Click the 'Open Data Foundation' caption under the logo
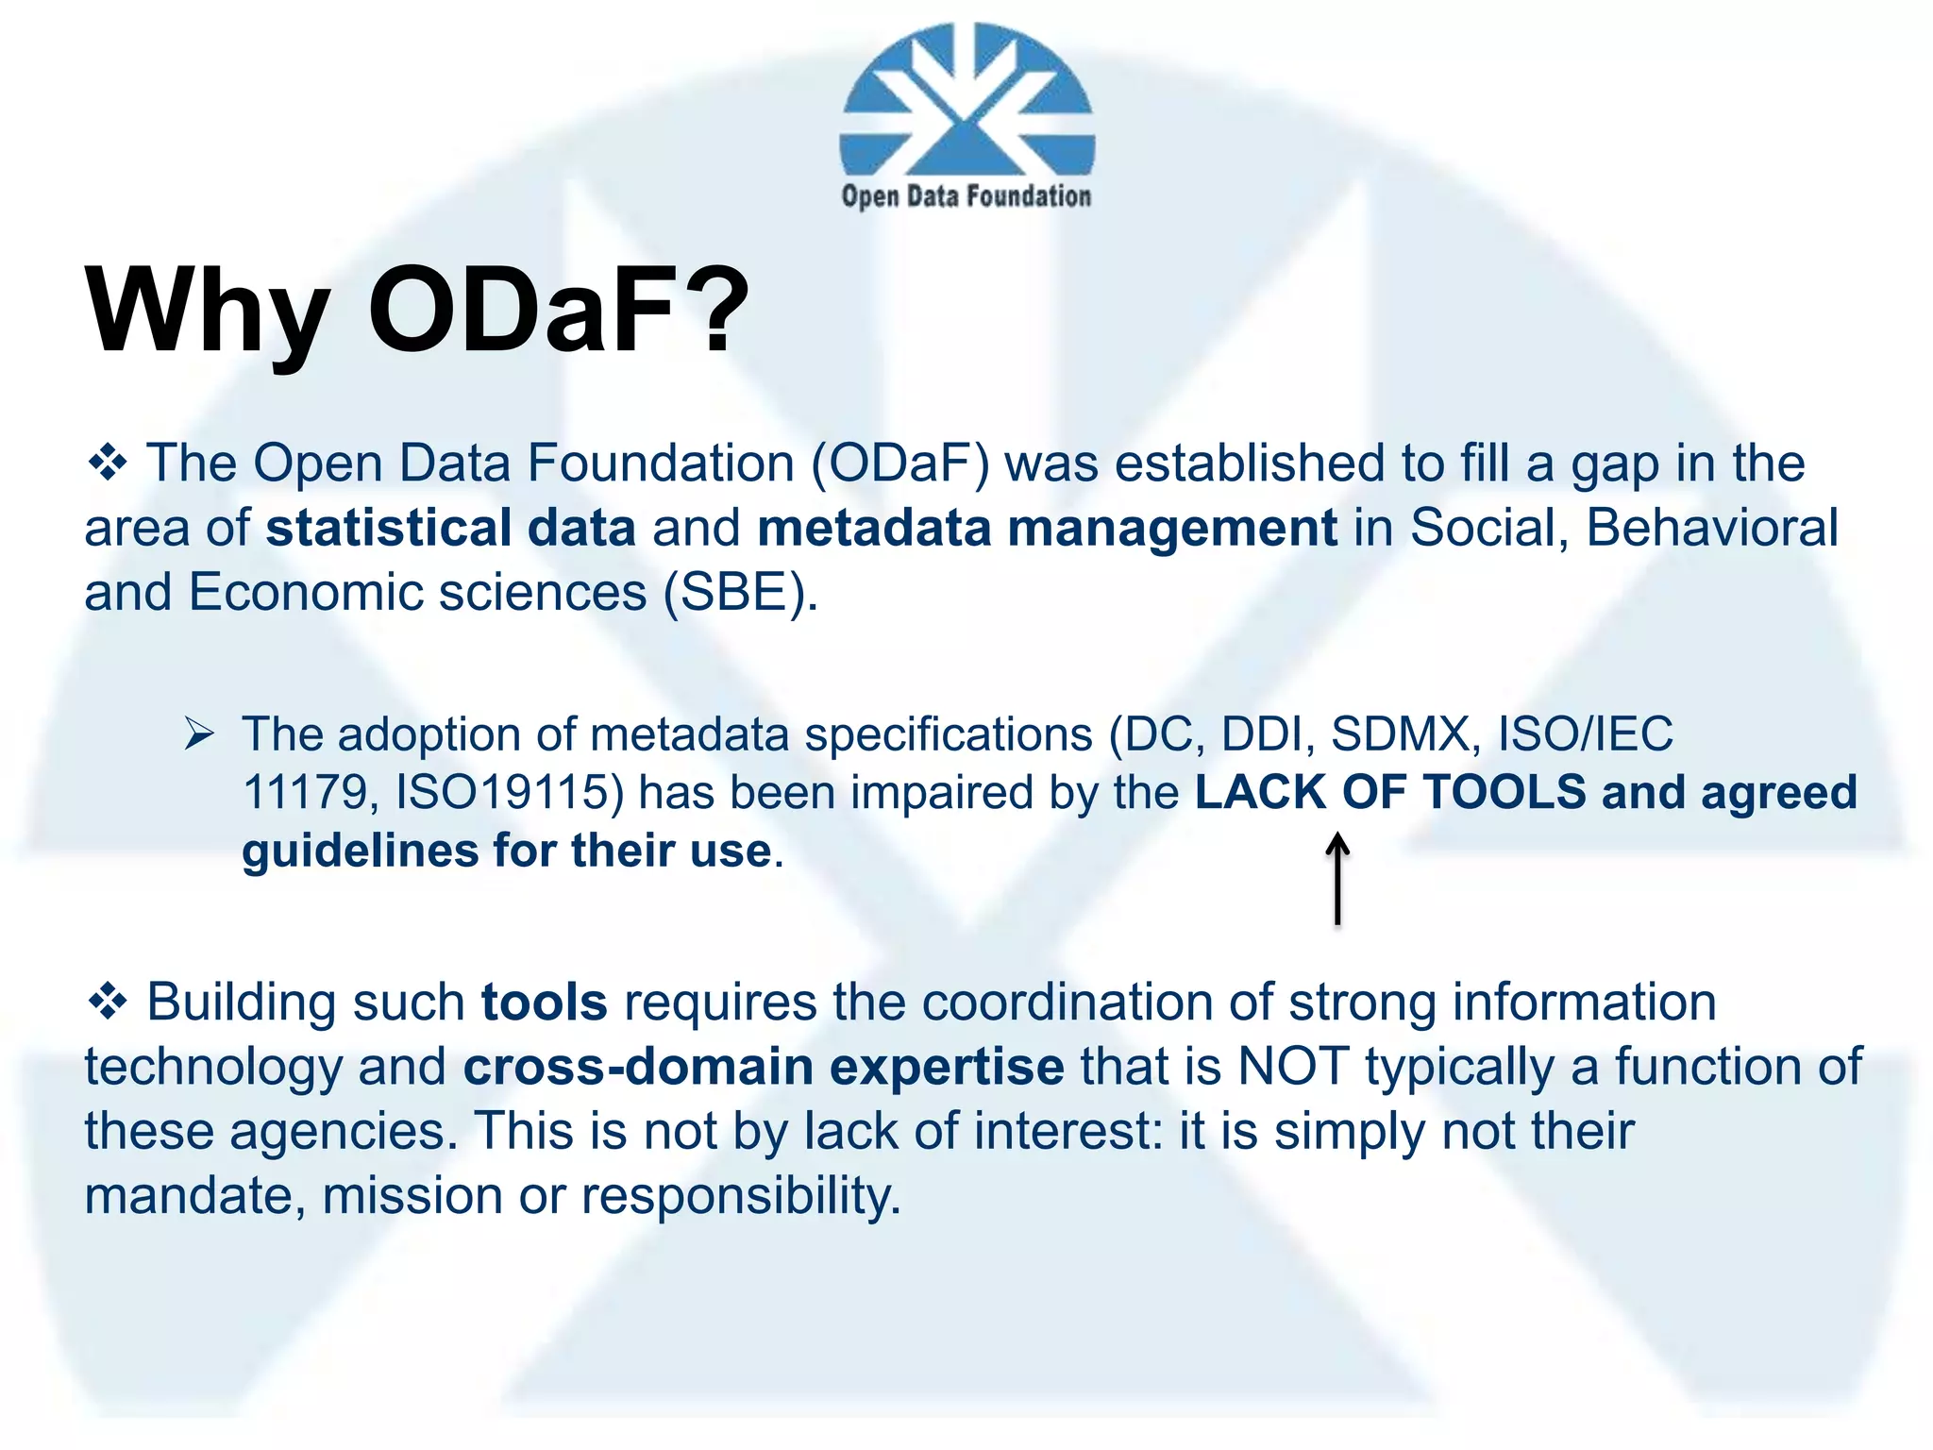pos(966,196)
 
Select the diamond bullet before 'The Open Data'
pos(108,464)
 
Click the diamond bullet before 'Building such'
pos(108,1002)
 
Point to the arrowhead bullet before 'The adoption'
pos(200,733)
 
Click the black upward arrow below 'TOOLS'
pos(1337,878)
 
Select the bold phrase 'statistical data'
pos(451,528)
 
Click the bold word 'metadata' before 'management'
pos(873,528)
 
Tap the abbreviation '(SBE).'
pos(740,593)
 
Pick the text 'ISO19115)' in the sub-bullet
pos(510,792)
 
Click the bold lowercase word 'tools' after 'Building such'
pos(545,1002)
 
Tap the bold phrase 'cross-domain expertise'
pos(764,1067)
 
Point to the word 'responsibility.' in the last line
pos(741,1196)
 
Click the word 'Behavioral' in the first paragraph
pos(1712,528)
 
